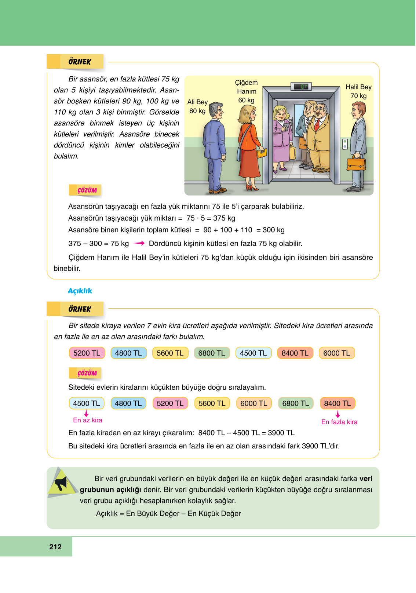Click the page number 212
point(55,547)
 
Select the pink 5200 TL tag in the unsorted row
point(87,353)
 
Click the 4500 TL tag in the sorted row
point(87,403)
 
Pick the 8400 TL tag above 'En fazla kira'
point(337,403)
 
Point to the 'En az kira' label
point(88,420)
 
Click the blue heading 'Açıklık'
point(80,291)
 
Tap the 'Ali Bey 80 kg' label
point(197,106)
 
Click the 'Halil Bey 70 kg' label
point(358,91)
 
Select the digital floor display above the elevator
point(301,87)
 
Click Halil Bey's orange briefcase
point(356,163)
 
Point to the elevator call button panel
point(345,144)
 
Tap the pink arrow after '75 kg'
point(139,243)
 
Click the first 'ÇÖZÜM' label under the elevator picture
point(87,190)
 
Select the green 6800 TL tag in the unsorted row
point(212,353)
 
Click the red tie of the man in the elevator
point(317,125)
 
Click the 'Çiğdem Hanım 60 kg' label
point(246,91)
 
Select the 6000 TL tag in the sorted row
point(254,403)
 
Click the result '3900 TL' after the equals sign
point(281,433)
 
